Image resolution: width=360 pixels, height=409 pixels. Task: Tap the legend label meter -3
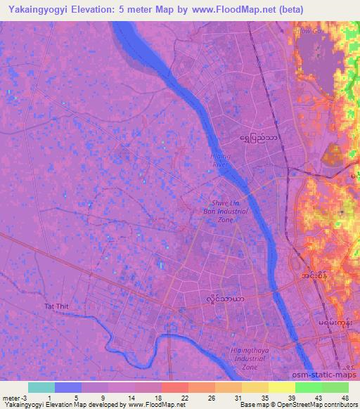pyautogui.click(x=15, y=397)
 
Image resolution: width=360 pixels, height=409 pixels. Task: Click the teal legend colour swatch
pyautogui.click(x=41, y=387)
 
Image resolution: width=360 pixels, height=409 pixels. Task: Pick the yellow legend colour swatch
pyautogui.click(x=281, y=387)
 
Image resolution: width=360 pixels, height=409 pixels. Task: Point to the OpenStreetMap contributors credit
pyautogui.click(x=316, y=405)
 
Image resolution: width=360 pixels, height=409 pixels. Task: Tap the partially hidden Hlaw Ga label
pyautogui.click(x=308, y=32)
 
